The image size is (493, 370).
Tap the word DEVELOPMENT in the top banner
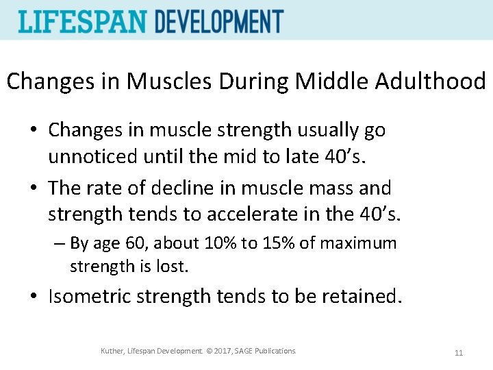tap(218, 21)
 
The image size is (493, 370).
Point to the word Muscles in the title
tap(171, 82)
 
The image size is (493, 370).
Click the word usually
tap(325, 129)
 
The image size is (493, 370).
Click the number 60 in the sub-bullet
tap(131, 243)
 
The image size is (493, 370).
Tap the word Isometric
tap(90, 296)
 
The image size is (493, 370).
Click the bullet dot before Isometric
tap(34, 297)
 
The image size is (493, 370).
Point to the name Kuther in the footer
tap(113, 351)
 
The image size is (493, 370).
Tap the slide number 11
tap(458, 353)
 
